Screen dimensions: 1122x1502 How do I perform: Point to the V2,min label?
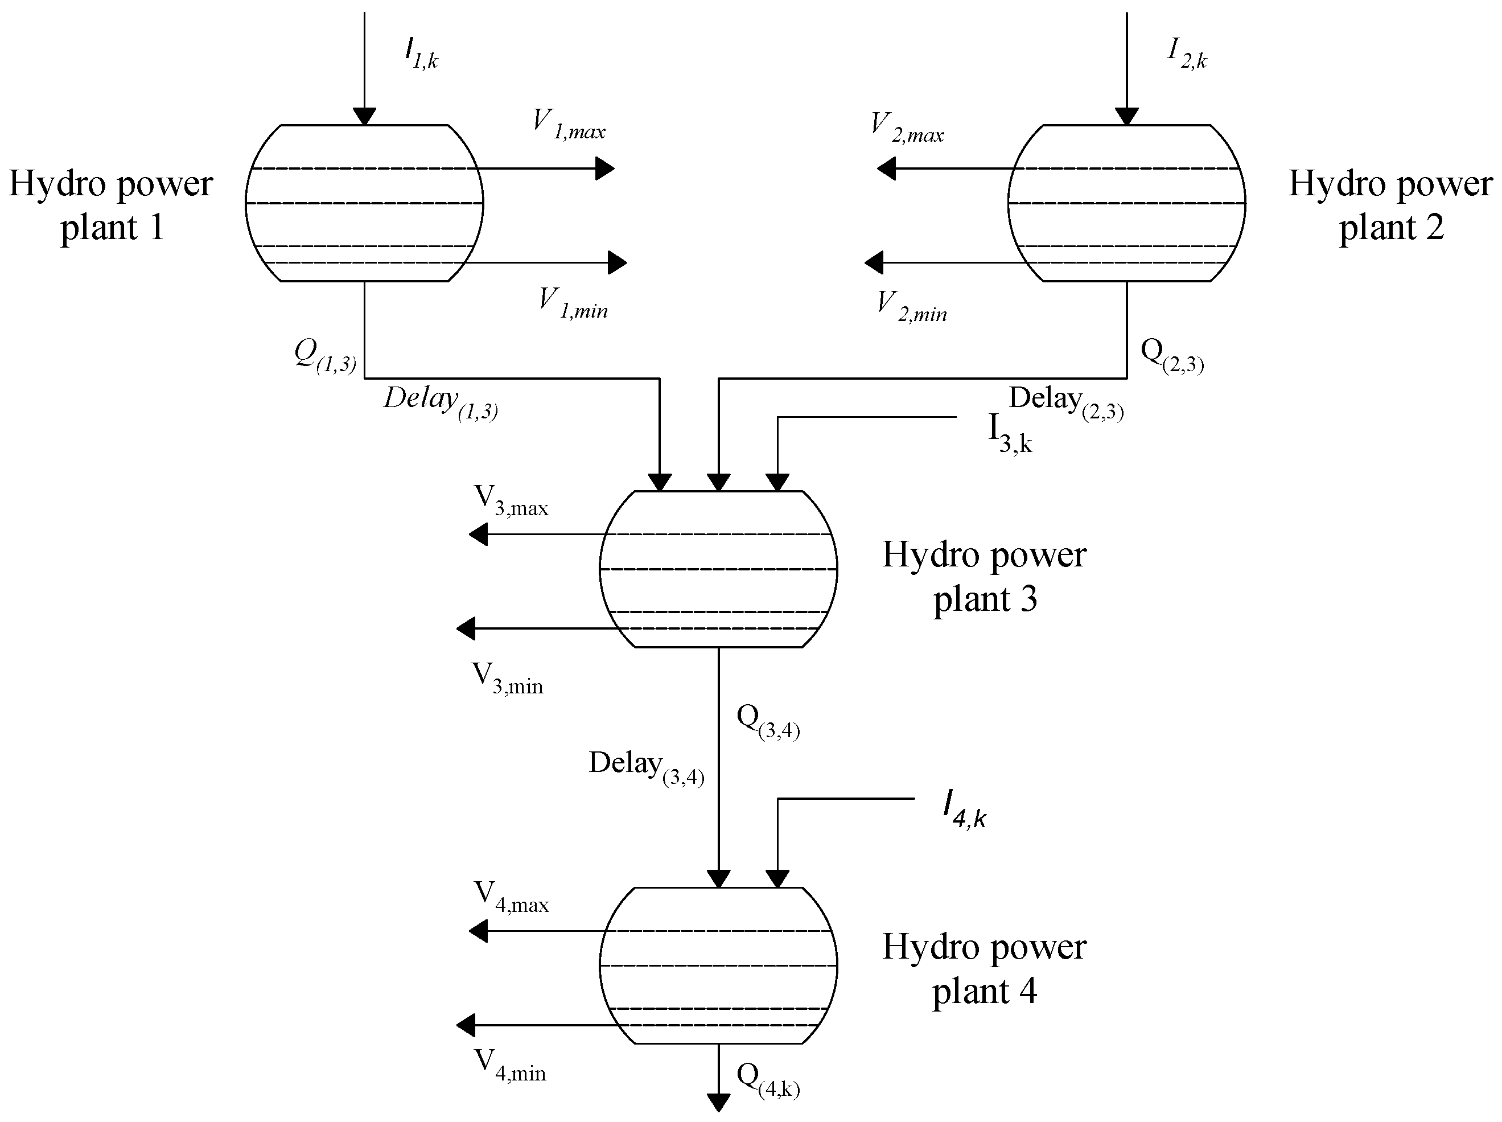(x=911, y=306)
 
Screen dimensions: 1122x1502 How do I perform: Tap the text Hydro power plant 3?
(x=984, y=577)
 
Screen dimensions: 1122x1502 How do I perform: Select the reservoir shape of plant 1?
(x=364, y=203)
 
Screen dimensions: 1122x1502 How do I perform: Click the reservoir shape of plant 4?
(x=718, y=965)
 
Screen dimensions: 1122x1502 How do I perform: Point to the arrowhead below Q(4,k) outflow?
(x=718, y=1103)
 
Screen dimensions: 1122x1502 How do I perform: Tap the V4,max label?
(x=511, y=897)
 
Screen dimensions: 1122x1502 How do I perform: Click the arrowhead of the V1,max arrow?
(x=605, y=168)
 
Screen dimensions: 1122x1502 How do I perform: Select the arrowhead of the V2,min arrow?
(x=873, y=262)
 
